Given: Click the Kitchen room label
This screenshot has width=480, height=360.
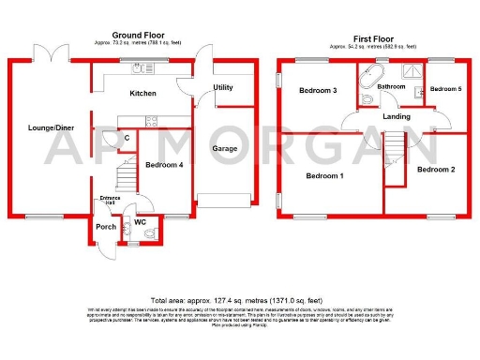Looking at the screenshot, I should coord(142,94).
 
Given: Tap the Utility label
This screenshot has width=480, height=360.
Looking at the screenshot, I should coord(223,87).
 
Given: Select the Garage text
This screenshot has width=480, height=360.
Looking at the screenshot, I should coord(223,148).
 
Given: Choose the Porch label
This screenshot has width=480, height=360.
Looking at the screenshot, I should coord(104,227).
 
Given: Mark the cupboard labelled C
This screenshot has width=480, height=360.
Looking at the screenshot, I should coord(127,140).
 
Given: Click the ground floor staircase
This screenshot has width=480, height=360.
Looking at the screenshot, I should coord(123,175).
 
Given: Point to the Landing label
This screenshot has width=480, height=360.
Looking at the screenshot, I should coord(396,116).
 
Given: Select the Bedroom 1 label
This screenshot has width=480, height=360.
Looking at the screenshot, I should coord(322,176).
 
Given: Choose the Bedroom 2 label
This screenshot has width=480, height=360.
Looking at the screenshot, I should coord(437,170).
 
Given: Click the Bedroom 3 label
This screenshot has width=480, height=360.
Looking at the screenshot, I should coord(318,91).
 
